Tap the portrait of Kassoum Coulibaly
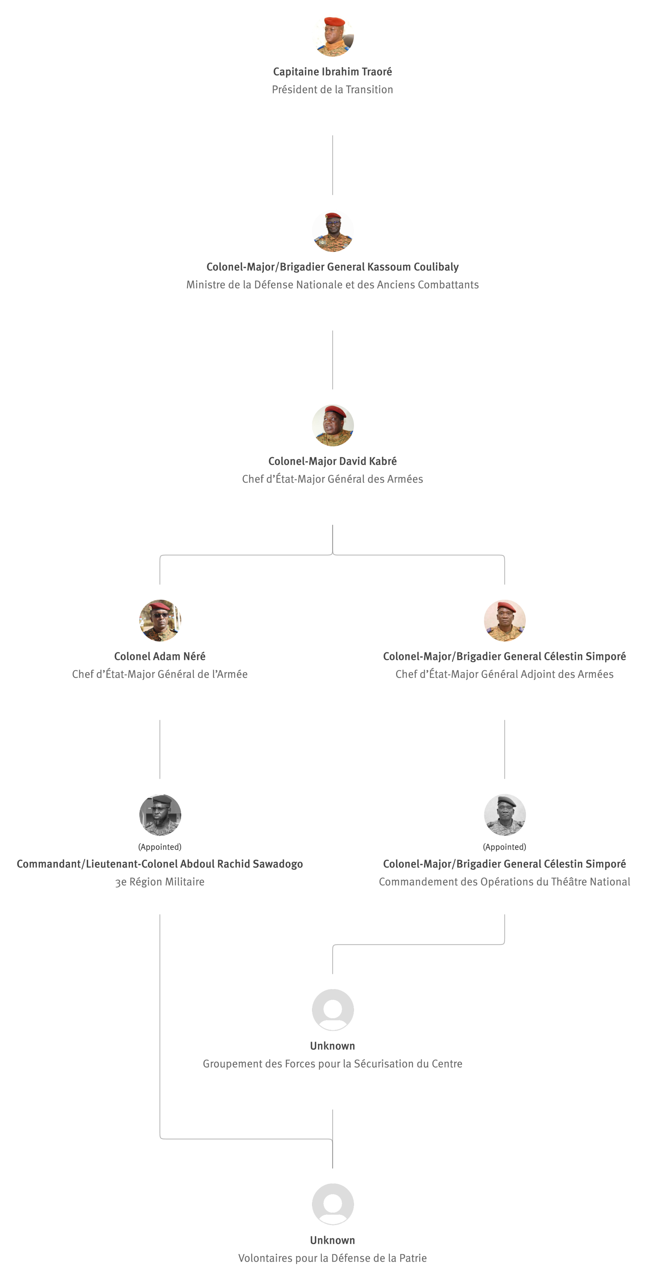(333, 231)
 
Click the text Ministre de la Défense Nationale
(332, 285)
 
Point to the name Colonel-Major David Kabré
(332, 461)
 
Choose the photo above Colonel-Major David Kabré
(333, 425)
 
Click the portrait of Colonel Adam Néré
(160, 621)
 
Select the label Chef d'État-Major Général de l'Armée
(160, 674)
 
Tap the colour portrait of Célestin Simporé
(505, 621)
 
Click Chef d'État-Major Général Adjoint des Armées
(505, 674)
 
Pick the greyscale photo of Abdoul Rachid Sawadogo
(160, 815)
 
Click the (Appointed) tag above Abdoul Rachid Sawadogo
(160, 847)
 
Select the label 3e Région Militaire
(160, 882)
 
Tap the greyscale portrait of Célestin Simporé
(505, 815)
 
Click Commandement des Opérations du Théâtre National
(505, 882)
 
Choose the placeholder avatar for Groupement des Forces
(333, 1010)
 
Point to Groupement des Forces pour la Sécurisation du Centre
(332, 1064)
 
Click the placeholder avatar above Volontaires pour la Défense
(333, 1204)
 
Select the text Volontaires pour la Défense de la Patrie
(332, 1258)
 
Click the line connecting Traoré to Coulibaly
(333, 165)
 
